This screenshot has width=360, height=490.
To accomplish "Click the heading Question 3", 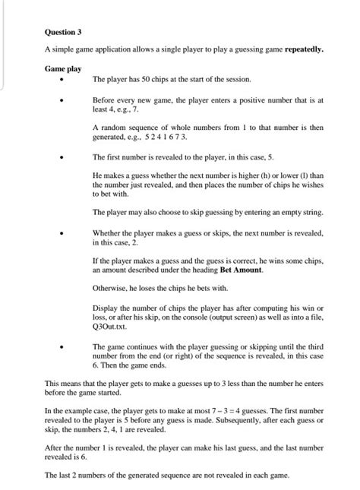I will [x=62, y=33].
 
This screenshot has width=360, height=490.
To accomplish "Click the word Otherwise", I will [x=111, y=288].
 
